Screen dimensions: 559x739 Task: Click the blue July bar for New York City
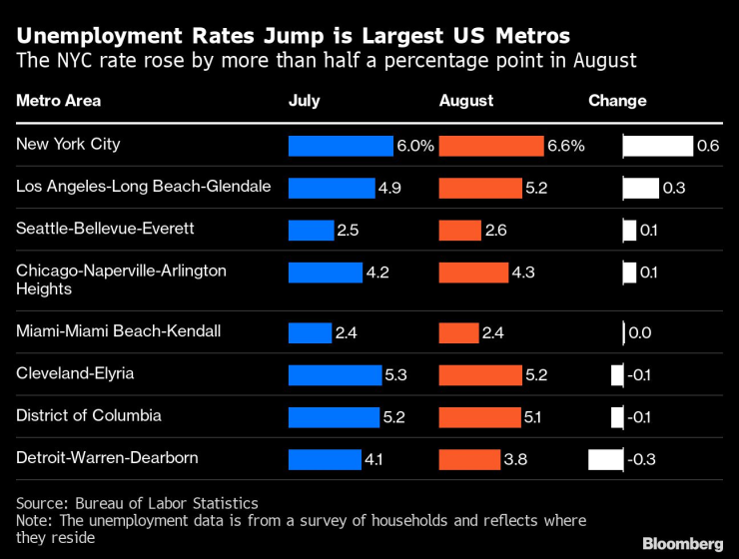341,146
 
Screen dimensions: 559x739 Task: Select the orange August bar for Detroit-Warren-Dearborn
470,459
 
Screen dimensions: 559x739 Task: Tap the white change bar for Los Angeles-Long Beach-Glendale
640,188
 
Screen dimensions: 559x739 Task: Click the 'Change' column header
617,101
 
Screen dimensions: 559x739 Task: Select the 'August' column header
466,101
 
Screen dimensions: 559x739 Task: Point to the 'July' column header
305,101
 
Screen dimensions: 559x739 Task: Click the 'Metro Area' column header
58,101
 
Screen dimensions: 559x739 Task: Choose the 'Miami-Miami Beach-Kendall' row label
118,330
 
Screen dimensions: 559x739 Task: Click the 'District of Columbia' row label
88,415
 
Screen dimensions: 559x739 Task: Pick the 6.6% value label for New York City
565,146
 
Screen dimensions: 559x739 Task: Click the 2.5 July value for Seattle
348,231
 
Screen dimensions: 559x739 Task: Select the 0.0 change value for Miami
639,332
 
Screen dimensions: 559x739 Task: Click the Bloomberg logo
682,543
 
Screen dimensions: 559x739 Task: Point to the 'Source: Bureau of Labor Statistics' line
137,503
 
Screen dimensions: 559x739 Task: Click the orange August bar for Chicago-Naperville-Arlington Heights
474,272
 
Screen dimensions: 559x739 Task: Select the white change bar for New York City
657,146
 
